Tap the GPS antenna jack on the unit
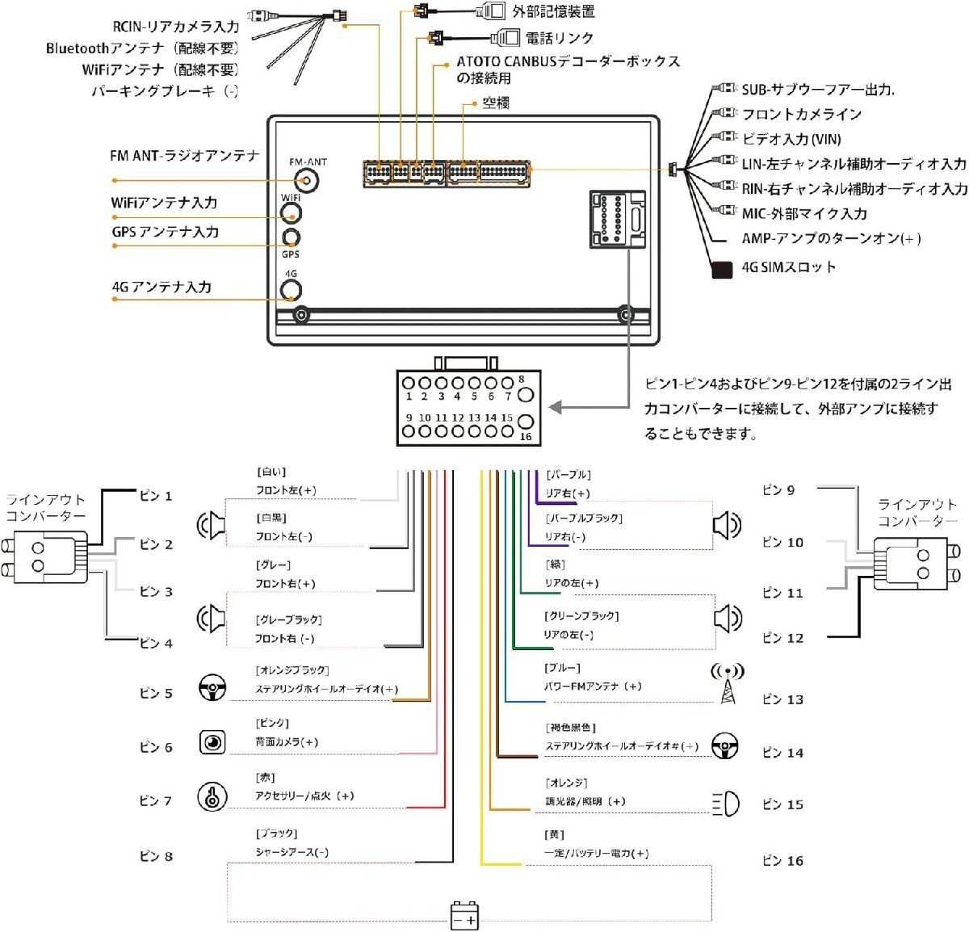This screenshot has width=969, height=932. tap(291, 238)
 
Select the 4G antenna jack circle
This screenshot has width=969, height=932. tap(291, 291)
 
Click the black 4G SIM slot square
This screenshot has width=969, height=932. tap(721, 269)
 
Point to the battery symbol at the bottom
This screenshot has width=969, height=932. tap(464, 916)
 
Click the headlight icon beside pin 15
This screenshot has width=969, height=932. tap(726, 804)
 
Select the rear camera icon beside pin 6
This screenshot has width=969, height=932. tap(212, 741)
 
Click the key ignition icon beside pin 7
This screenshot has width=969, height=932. tap(212, 797)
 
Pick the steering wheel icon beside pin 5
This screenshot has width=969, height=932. tap(212, 687)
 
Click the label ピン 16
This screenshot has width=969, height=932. tap(782, 861)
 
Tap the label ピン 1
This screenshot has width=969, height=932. tap(156, 496)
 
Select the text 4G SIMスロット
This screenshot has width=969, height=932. tap(788, 267)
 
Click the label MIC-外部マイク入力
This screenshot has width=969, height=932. tap(803, 214)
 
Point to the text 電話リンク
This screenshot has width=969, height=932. tap(559, 38)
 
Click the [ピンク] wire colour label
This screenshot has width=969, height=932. tap(272, 723)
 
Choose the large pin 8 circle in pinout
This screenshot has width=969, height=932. tap(525, 394)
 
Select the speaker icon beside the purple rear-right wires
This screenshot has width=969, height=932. tap(727, 526)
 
